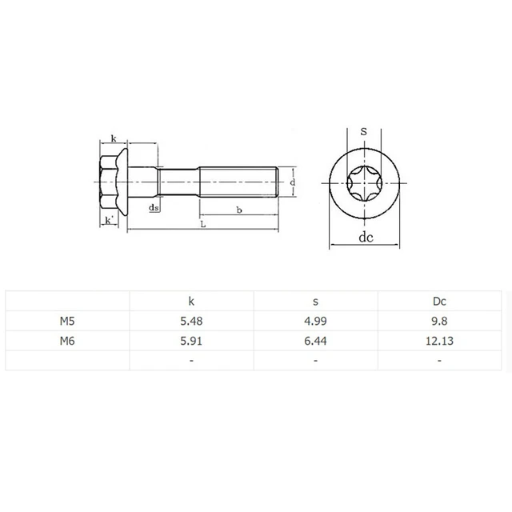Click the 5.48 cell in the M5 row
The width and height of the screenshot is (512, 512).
click(191, 321)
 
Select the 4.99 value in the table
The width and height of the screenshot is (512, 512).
click(315, 321)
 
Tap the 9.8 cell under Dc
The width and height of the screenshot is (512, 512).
click(439, 321)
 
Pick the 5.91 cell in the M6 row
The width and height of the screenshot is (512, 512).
click(191, 341)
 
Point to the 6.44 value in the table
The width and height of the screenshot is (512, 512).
click(315, 341)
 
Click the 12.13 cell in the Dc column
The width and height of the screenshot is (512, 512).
click(439, 341)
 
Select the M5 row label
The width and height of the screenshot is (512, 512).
click(67, 321)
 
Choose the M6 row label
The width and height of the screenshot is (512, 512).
click(67, 341)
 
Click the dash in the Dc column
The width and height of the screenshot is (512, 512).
click(439, 361)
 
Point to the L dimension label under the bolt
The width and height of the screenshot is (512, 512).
click(202, 226)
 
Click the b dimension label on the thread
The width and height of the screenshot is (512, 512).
click(239, 210)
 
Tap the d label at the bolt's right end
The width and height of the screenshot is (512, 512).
click(294, 183)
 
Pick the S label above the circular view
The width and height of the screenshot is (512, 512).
click(364, 130)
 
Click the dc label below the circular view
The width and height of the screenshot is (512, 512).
click(366, 238)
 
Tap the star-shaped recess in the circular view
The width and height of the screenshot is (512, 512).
click(364, 184)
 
